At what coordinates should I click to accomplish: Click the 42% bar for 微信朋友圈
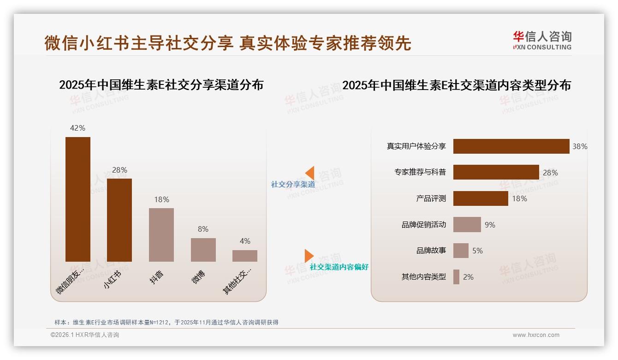78,199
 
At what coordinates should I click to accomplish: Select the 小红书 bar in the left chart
119,220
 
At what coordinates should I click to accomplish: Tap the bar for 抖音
161,235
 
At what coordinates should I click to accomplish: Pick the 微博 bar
203,250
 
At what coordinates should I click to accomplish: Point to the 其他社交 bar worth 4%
245,256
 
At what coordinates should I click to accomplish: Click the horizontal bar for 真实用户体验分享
511,146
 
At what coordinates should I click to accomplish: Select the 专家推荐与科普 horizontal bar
496,172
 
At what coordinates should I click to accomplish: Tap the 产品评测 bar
481,198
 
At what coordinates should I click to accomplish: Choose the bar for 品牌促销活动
467,225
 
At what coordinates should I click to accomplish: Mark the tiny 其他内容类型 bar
456,277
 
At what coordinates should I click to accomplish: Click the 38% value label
580,146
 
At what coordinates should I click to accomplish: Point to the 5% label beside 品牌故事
477,251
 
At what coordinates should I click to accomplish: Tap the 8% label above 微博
203,229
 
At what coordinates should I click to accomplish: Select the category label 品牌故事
431,251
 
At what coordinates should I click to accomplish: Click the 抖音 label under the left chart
157,277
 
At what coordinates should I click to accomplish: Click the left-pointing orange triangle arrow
310,173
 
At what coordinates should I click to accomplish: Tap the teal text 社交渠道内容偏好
339,267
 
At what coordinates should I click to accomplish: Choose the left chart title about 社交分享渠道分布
161,85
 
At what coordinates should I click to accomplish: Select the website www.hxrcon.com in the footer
536,335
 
